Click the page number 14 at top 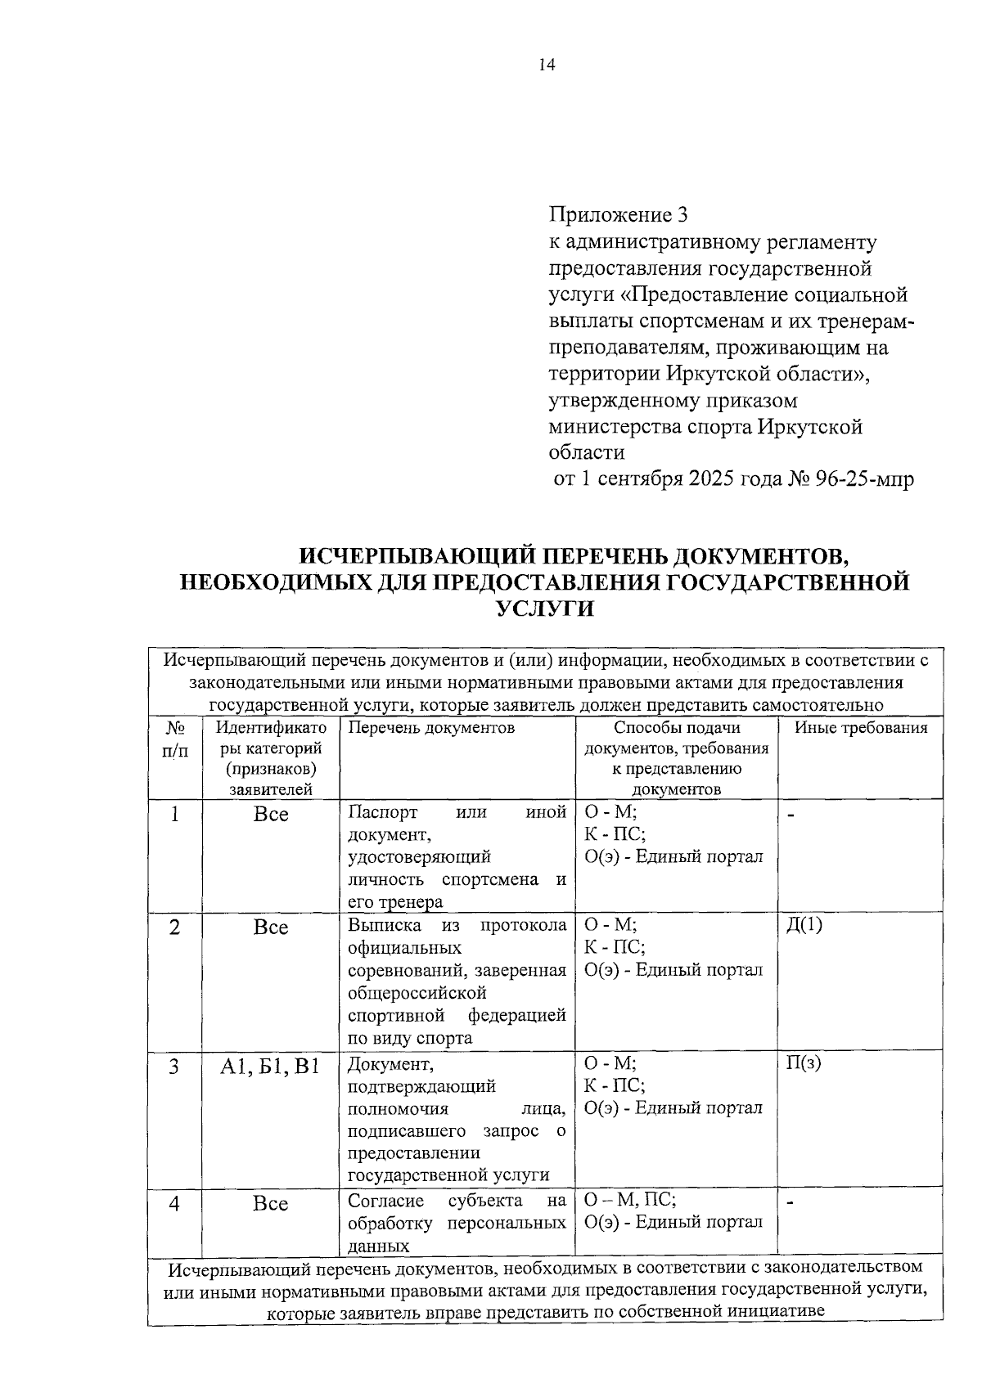547,66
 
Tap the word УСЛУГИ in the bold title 545,609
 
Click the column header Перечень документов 431,728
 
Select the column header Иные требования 861,728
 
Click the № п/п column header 174,739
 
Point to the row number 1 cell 174,815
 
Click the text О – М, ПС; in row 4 629,1201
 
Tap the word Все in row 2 270,928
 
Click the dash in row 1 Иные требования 791,815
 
